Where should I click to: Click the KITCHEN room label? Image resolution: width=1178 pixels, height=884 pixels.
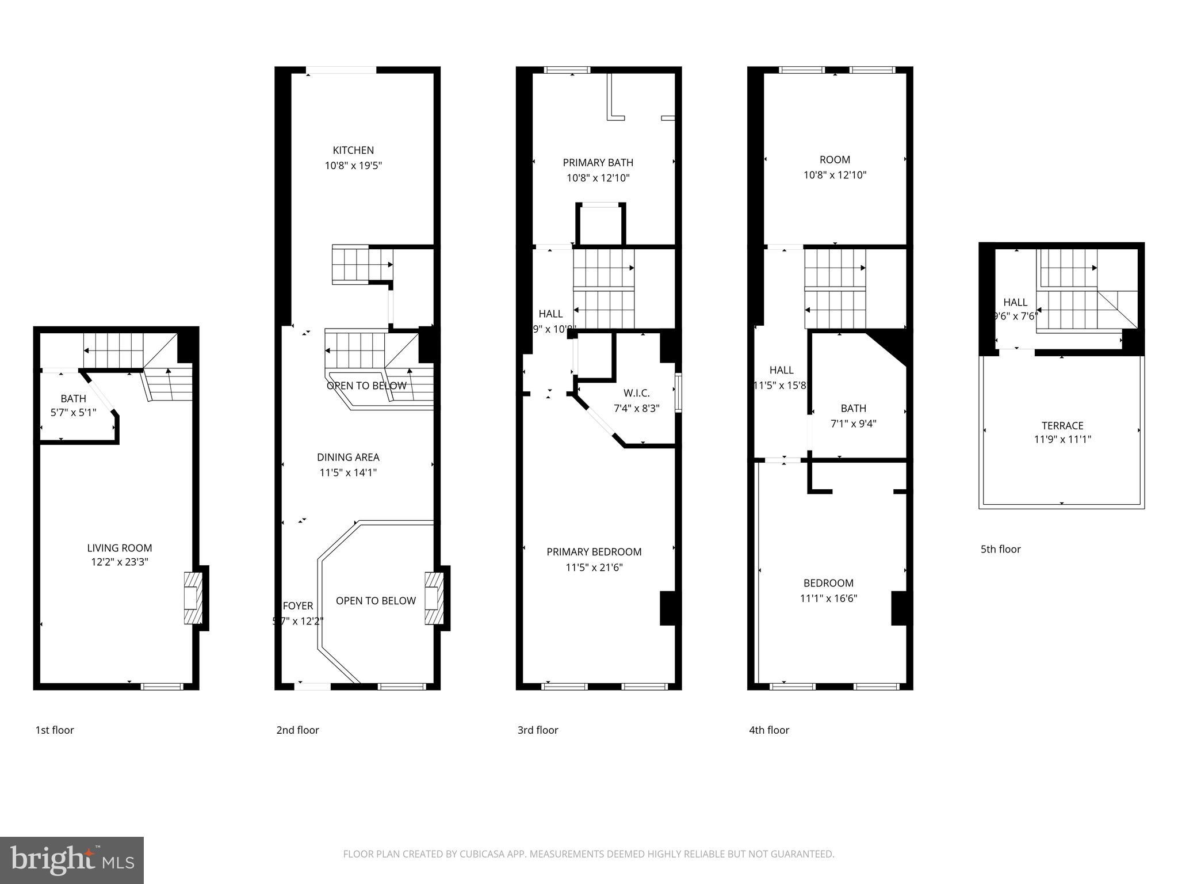point(353,150)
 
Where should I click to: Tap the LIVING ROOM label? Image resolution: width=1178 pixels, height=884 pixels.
point(120,548)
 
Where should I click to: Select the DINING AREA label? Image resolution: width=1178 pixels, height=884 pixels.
point(348,457)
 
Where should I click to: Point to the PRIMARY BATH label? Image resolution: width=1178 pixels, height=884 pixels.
point(598,163)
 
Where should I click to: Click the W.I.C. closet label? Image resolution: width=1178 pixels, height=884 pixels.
point(636,393)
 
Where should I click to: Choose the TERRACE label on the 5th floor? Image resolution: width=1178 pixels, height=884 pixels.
point(1062,426)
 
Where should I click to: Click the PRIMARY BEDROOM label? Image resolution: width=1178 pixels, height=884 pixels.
point(594,552)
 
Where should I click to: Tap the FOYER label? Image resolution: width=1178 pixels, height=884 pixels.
point(298,605)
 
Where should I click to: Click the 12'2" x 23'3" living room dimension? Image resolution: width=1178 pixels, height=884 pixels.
point(120,562)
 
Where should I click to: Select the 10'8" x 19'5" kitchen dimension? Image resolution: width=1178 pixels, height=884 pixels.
point(353,166)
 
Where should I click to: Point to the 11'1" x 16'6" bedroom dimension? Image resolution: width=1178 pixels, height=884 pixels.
point(828,599)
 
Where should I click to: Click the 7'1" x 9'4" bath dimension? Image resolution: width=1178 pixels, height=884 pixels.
point(853,424)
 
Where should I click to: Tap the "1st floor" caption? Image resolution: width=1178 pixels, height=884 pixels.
point(55,730)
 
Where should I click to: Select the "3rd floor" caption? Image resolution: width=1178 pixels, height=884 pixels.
point(537,730)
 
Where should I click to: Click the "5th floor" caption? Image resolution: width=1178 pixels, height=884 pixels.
point(1000,550)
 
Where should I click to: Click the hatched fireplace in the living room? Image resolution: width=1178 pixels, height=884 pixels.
point(193,598)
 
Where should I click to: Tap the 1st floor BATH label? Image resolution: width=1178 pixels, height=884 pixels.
point(73,398)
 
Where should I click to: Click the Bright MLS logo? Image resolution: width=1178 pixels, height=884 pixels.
point(72,860)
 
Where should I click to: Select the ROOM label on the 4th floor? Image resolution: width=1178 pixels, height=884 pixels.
point(835,160)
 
